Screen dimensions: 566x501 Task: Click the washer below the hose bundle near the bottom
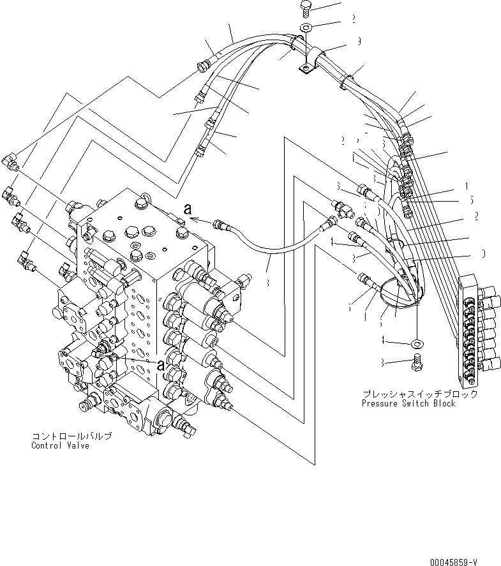click(x=417, y=344)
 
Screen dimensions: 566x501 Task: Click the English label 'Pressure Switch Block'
click(x=408, y=404)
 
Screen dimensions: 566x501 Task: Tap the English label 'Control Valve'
click(x=61, y=445)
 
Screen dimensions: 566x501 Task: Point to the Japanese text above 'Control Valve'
click(x=72, y=436)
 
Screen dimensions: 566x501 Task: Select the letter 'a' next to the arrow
click(x=187, y=207)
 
